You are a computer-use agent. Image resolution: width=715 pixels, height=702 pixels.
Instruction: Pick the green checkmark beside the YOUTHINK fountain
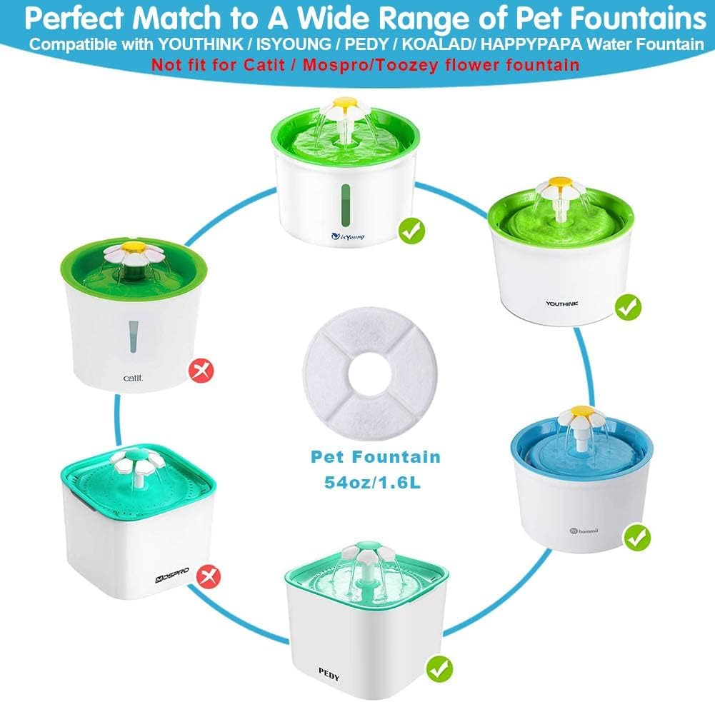(629, 308)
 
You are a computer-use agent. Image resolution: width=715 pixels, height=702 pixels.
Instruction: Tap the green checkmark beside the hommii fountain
(636, 537)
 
